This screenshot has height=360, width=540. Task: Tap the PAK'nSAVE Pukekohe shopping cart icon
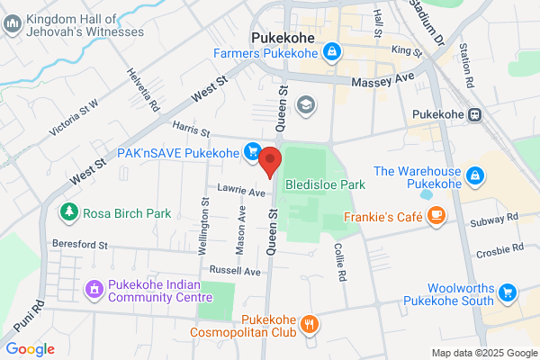point(254,152)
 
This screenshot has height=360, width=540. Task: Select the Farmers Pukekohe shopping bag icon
point(333,53)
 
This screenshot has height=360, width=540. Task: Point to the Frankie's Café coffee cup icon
point(436,215)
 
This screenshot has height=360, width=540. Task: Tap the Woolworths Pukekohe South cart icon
point(508,292)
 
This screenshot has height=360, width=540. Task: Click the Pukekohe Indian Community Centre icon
point(93,290)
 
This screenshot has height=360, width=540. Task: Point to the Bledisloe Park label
point(325,184)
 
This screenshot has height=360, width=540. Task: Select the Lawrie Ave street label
point(241,191)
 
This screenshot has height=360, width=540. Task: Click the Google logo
point(31,348)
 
